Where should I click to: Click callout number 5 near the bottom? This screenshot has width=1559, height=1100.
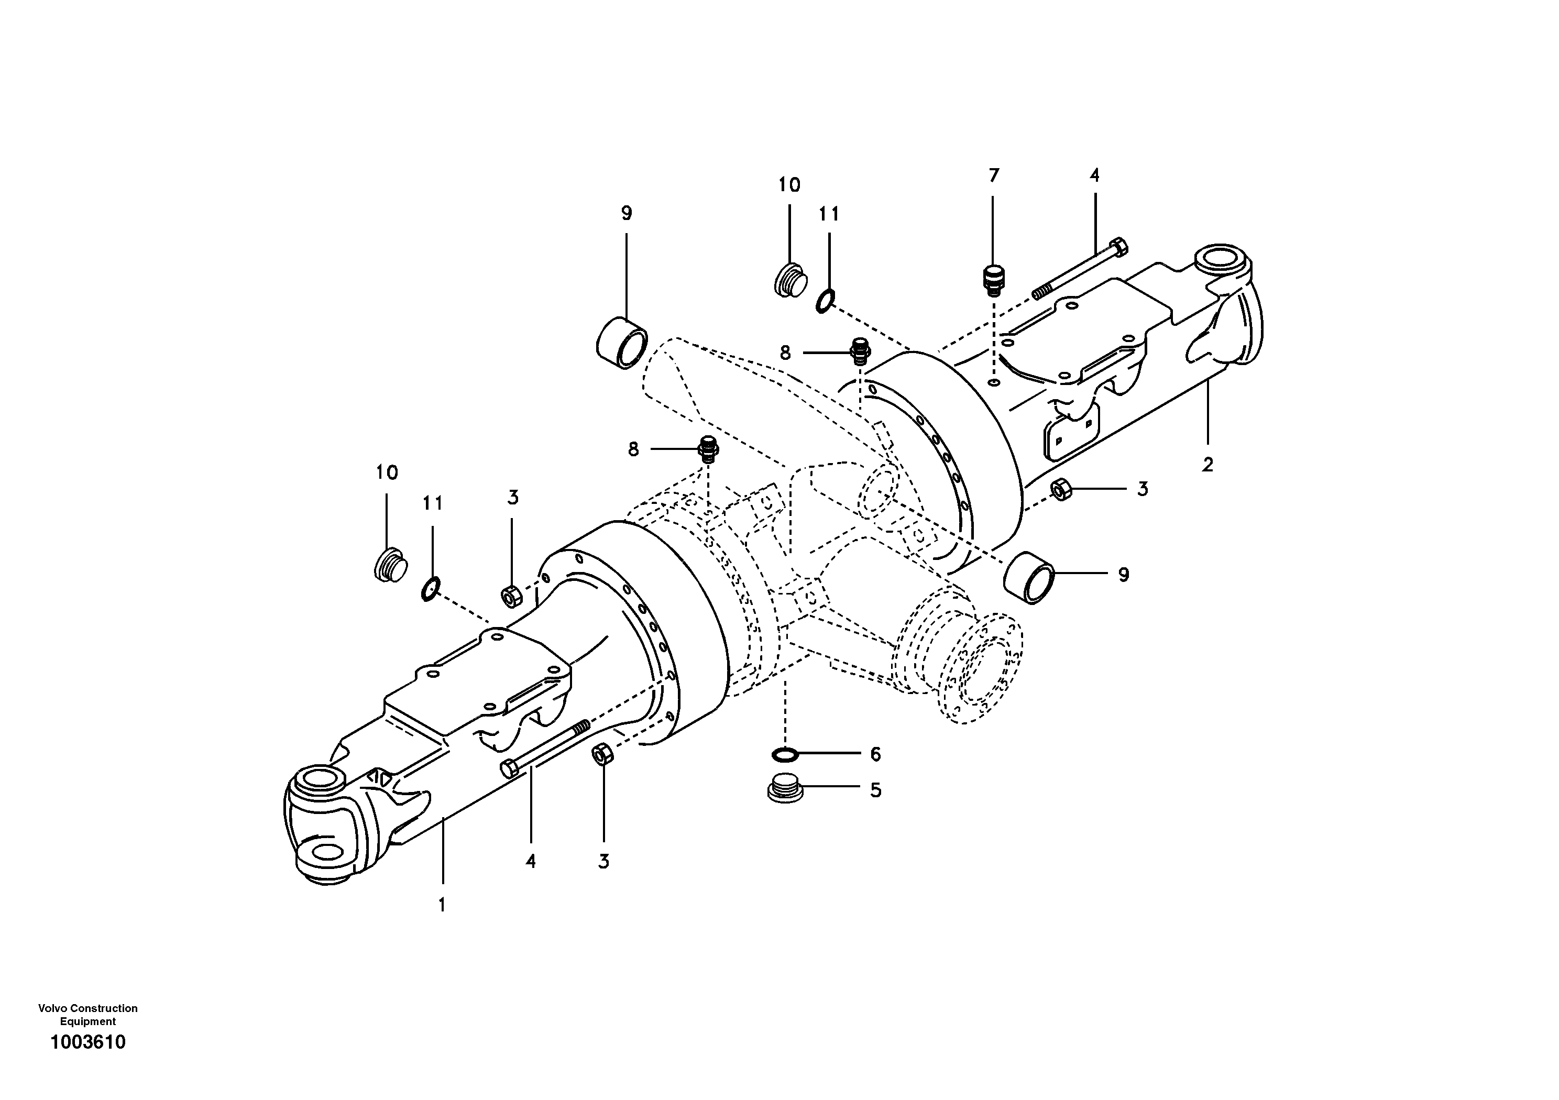tap(875, 790)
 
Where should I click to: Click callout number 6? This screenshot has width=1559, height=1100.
tap(875, 754)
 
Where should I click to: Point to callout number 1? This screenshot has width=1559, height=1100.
tap(442, 905)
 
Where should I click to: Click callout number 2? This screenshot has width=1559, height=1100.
tap(1207, 465)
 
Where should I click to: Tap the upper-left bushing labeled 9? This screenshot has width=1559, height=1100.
tap(621, 343)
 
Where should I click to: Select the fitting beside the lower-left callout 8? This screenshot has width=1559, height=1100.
tap(708, 449)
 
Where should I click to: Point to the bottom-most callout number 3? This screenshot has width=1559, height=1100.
tap(603, 862)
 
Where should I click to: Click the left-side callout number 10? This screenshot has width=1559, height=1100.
tap(387, 472)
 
